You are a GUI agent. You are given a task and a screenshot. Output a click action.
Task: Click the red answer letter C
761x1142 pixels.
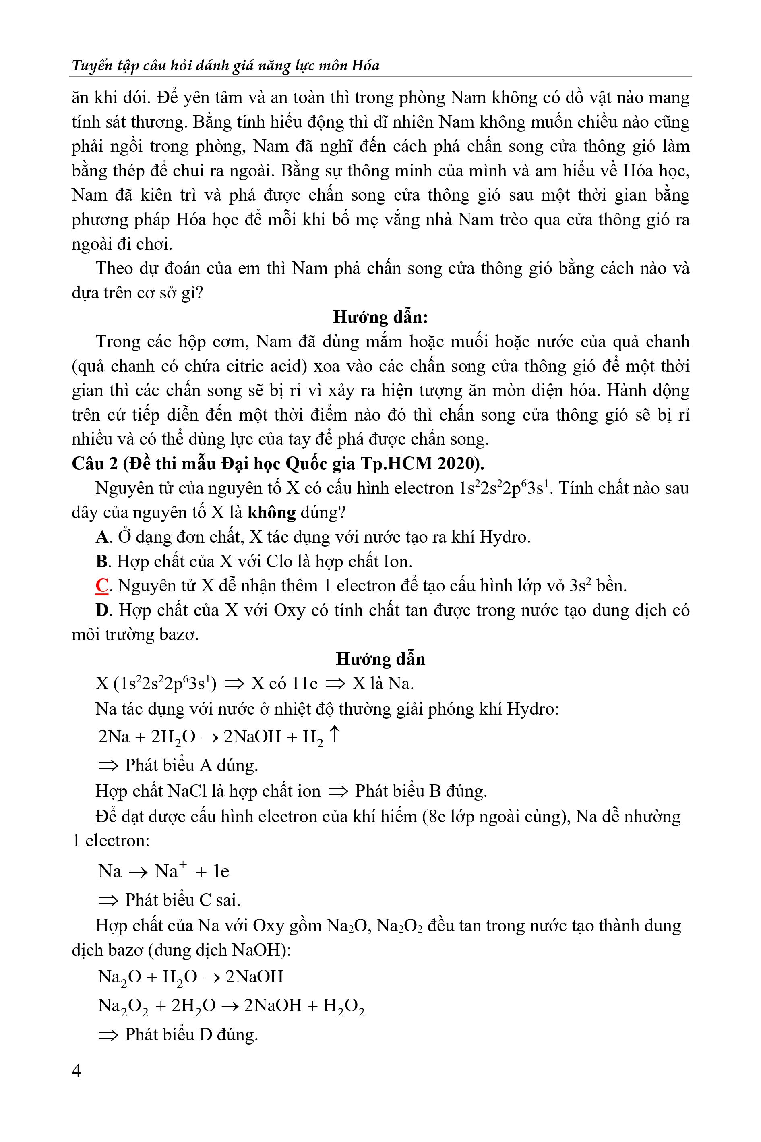pos(101,586)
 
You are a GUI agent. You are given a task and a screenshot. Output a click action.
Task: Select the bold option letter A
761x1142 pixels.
pos(101,537)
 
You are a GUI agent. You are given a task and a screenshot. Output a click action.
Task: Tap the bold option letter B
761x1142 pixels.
pos(101,561)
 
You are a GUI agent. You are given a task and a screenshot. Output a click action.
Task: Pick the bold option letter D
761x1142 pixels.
pos(101,610)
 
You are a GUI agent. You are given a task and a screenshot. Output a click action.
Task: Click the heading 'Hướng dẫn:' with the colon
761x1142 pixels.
pos(380,317)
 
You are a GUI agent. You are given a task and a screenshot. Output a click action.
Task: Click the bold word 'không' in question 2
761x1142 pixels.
pos(271,512)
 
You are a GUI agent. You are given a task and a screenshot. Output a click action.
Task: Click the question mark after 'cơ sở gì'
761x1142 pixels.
pos(198,293)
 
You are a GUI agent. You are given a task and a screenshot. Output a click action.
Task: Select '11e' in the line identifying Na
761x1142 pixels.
pos(304,684)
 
